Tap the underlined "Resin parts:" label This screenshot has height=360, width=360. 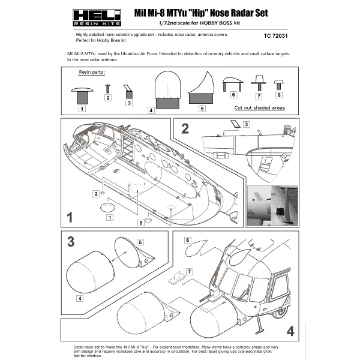pyautogui.click(x=92, y=72)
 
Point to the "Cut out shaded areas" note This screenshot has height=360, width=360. pyautogui.click(x=259, y=108)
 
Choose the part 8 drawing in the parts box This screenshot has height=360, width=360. pyautogui.click(x=279, y=83)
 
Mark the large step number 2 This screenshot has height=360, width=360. pyautogui.click(x=185, y=128)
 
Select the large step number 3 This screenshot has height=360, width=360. pyautogui.click(x=71, y=242)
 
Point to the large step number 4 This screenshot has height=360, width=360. pyautogui.click(x=290, y=331)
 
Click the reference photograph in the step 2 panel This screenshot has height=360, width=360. pyautogui.click(x=272, y=205)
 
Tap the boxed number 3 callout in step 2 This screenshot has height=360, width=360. pyautogui.click(x=247, y=124)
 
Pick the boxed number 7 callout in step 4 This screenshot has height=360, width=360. pyautogui.click(x=189, y=272)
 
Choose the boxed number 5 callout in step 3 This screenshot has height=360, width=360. pyautogui.click(x=141, y=242)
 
